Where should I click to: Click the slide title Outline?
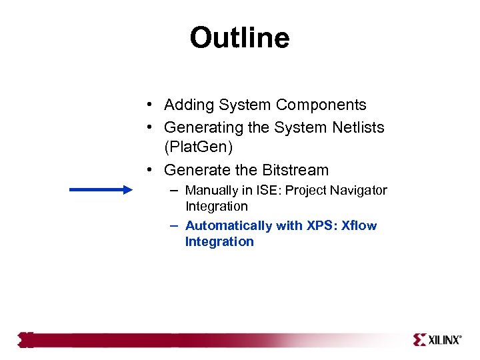pos(239,38)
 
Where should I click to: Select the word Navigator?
pos(359,191)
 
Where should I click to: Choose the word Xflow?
pos(359,226)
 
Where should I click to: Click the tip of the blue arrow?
pos(131,190)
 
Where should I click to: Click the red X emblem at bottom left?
pos(26,340)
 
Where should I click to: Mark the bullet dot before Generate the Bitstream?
pos(152,170)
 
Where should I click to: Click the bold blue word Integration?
pos(219,242)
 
